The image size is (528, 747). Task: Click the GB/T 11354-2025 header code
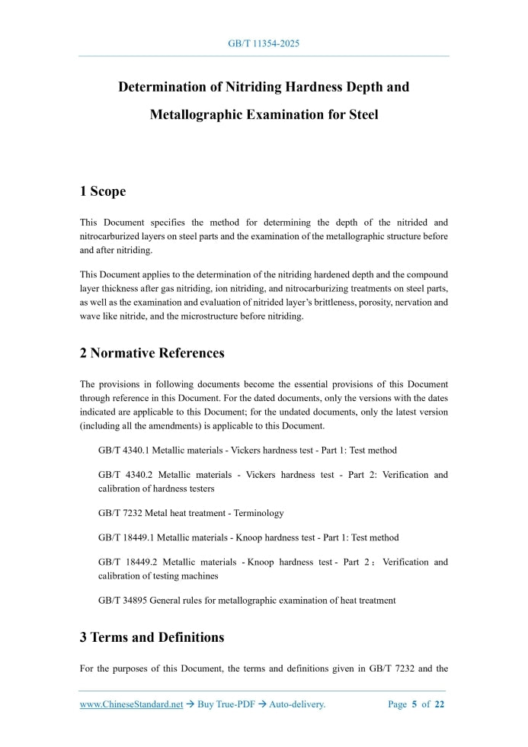tap(264, 43)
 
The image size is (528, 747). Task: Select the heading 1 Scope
tap(103, 191)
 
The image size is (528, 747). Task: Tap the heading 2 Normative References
tap(152, 353)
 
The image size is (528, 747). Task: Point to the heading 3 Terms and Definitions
tap(152, 637)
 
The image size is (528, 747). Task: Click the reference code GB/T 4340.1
tap(124, 450)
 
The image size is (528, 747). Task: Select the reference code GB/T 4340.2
tap(124, 475)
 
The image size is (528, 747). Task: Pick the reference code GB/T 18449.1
tap(126, 537)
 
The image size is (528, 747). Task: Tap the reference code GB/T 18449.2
tap(126, 563)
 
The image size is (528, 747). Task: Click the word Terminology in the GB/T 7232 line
tap(261, 513)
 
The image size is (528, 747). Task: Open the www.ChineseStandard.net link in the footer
tap(131, 704)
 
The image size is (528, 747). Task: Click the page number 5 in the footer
tap(414, 704)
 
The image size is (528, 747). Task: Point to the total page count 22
tap(439, 704)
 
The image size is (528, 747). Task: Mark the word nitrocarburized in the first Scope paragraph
tap(110, 236)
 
